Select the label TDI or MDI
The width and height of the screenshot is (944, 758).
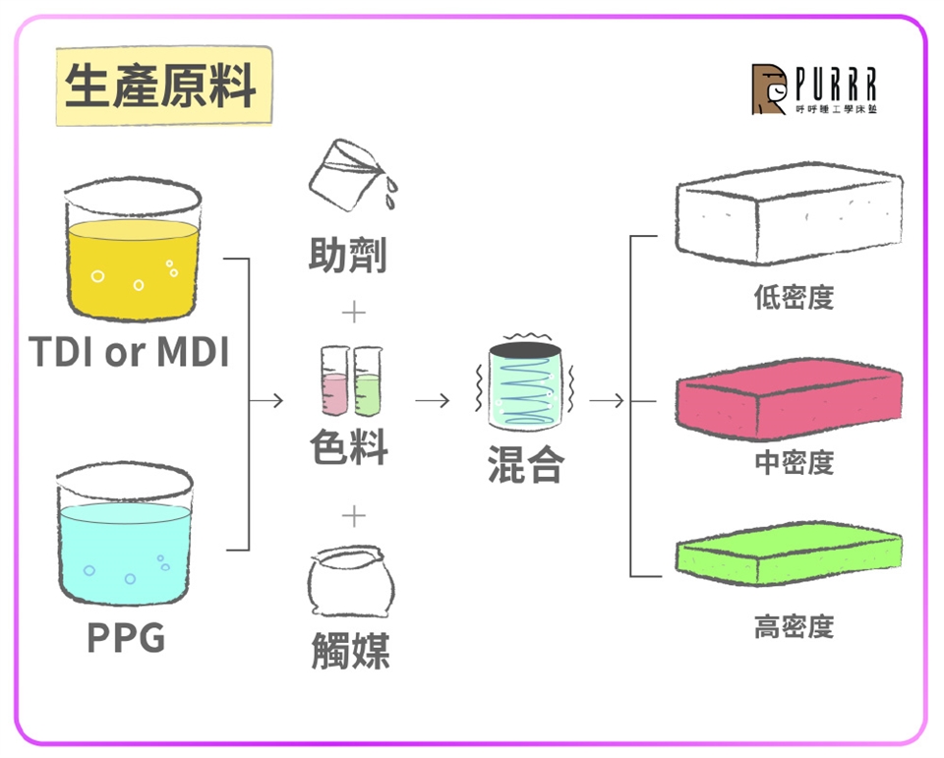130,352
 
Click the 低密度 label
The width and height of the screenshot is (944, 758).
794,297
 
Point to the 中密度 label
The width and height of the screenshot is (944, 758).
794,462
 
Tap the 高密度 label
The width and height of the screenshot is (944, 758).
794,625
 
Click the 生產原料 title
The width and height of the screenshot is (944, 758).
160,87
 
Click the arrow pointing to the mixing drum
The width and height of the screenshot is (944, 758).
433,401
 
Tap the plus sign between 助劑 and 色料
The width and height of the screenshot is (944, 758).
352,314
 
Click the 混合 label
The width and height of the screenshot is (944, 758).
526,465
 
